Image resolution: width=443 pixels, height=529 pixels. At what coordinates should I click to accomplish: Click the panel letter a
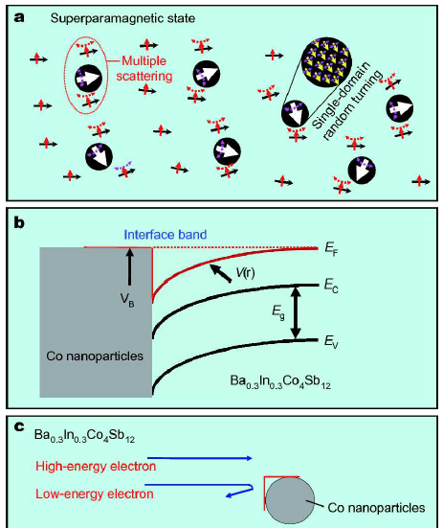[x=19, y=17]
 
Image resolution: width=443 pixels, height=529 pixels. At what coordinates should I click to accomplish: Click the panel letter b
[x=20, y=222]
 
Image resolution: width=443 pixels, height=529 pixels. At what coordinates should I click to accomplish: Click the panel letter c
[x=19, y=427]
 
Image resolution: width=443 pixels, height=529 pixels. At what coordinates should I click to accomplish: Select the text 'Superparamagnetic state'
[x=122, y=18]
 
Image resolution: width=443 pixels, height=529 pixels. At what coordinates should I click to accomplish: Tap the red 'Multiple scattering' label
[x=144, y=68]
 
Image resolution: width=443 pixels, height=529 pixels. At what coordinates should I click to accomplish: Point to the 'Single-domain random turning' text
[x=347, y=102]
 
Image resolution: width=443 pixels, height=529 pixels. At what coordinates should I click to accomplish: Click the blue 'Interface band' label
[x=166, y=235]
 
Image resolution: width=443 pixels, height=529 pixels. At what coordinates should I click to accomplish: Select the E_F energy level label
[x=331, y=248]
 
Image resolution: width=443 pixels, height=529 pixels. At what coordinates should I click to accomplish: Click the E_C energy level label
[x=331, y=287]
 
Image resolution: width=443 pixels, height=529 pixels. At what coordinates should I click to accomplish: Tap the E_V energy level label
[x=331, y=342]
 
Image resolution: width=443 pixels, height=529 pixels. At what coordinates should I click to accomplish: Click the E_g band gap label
[x=278, y=312]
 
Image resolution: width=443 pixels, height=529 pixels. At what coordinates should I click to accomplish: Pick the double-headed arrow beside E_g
[x=296, y=312]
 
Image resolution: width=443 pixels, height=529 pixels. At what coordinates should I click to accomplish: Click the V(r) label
[x=245, y=272]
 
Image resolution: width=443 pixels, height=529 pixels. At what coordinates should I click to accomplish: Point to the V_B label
[x=127, y=301]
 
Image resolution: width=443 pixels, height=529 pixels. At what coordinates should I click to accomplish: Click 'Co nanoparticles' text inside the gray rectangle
[x=95, y=356]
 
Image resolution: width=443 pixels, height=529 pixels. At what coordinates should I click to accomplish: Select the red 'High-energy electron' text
[x=96, y=467]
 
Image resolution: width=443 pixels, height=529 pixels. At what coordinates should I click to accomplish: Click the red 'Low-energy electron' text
[x=95, y=494]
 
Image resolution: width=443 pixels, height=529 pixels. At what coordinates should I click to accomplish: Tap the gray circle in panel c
[x=290, y=501]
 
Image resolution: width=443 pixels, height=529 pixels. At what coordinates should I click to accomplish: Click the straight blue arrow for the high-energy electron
[x=200, y=458]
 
